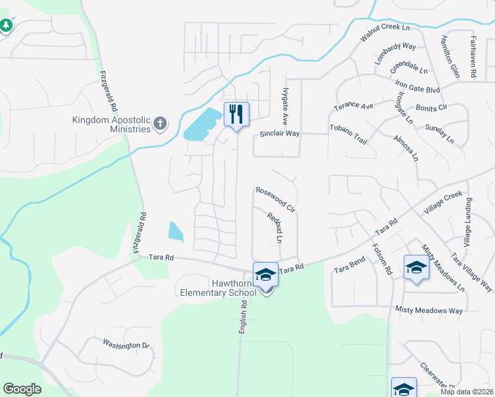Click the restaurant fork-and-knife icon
(x=236, y=114)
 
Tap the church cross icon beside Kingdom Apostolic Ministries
(x=160, y=124)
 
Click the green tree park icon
(x=6, y=25)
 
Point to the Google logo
(x=22, y=389)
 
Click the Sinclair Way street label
(x=279, y=134)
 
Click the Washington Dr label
(x=126, y=345)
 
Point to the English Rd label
(x=243, y=317)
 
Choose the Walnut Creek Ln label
(x=385, y=35)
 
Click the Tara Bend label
(x=349, y=267)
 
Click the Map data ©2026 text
(x=466, y=392)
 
